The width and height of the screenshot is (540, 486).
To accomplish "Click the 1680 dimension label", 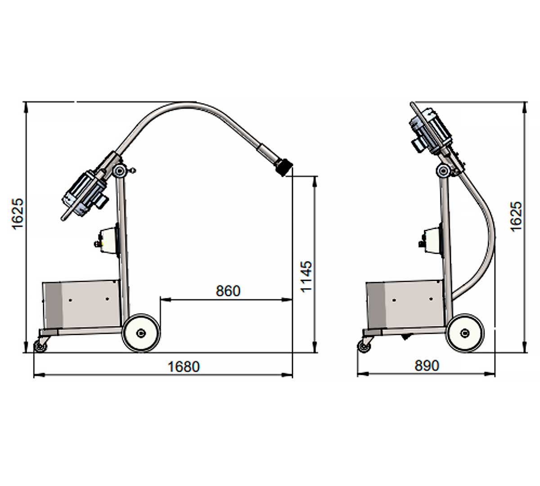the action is [x=184, y=367].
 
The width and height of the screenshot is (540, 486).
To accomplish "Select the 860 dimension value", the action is [x=228, y=291].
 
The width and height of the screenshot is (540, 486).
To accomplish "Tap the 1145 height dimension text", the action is [x=306, y=276].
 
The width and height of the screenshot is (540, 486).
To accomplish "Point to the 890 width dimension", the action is [x=427, y=366].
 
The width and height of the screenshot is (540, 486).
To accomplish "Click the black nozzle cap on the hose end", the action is [x=283, y=167].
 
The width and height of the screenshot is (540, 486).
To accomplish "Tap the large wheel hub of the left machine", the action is [x=141, y=333].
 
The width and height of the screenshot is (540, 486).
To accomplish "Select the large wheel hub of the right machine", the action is [x=465, y=333].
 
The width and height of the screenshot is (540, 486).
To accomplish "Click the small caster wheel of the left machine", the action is [x=39, y=346].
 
